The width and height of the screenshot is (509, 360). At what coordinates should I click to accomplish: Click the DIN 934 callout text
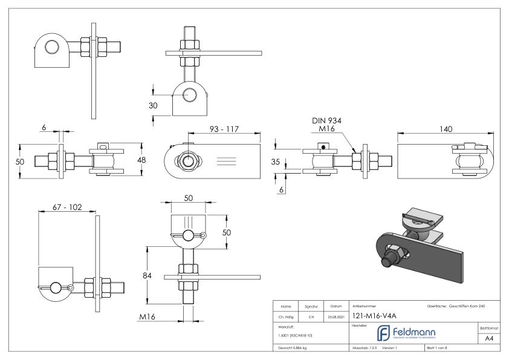[326, 121]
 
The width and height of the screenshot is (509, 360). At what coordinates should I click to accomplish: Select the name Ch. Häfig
[285, 316]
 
